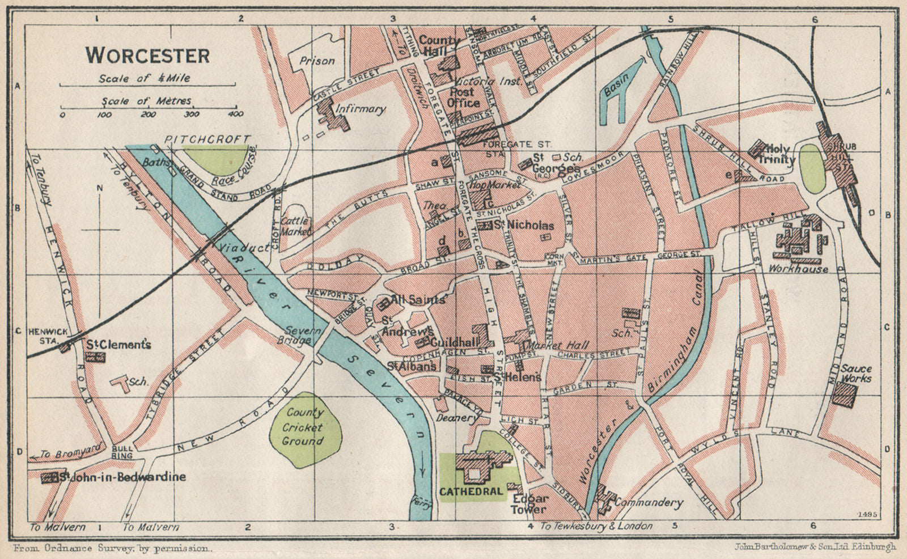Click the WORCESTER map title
pos(147,56)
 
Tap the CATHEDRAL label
pos(471,492)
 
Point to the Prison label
pos(317,60)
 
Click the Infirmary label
pos(360,108)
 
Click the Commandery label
pos(649,502)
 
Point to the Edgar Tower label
pos(529,504)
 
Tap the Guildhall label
pos(463,342)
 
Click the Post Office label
pos(463,97)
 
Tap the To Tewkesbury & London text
pos(596,526)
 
